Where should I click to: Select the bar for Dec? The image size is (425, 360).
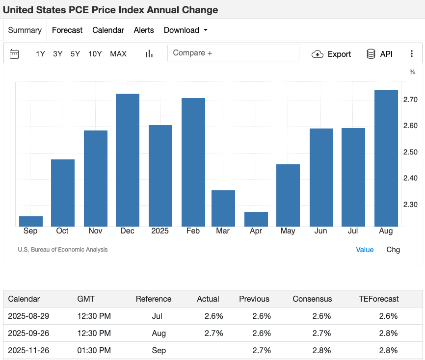[128, 160]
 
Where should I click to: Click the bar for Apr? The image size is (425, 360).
[256, 219]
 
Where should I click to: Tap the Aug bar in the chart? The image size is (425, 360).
[386, 158]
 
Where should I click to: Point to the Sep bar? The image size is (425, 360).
[31, 221]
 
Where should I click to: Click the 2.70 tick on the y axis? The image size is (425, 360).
[410, 100]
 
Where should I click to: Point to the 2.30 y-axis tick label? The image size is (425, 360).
[410, 205]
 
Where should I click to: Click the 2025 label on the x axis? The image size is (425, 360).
[160, 231]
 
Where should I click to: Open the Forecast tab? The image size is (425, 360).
[67, 30]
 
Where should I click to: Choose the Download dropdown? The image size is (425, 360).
[186, 30]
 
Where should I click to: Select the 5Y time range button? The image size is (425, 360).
[75, 54]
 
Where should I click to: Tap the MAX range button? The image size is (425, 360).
[118, 54]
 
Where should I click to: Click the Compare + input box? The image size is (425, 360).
[233, 53]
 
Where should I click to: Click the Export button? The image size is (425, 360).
[331, 54]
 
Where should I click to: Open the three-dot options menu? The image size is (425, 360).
[411, 53]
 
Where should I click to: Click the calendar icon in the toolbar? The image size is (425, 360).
[14, 54]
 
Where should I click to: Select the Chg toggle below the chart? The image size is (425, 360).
[393, 250]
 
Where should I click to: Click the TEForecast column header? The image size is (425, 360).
[379, 299]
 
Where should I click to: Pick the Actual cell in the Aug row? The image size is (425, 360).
[213, 333]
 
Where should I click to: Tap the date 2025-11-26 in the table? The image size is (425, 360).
[28, 350]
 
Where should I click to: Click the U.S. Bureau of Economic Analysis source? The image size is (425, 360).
[63, 250]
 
